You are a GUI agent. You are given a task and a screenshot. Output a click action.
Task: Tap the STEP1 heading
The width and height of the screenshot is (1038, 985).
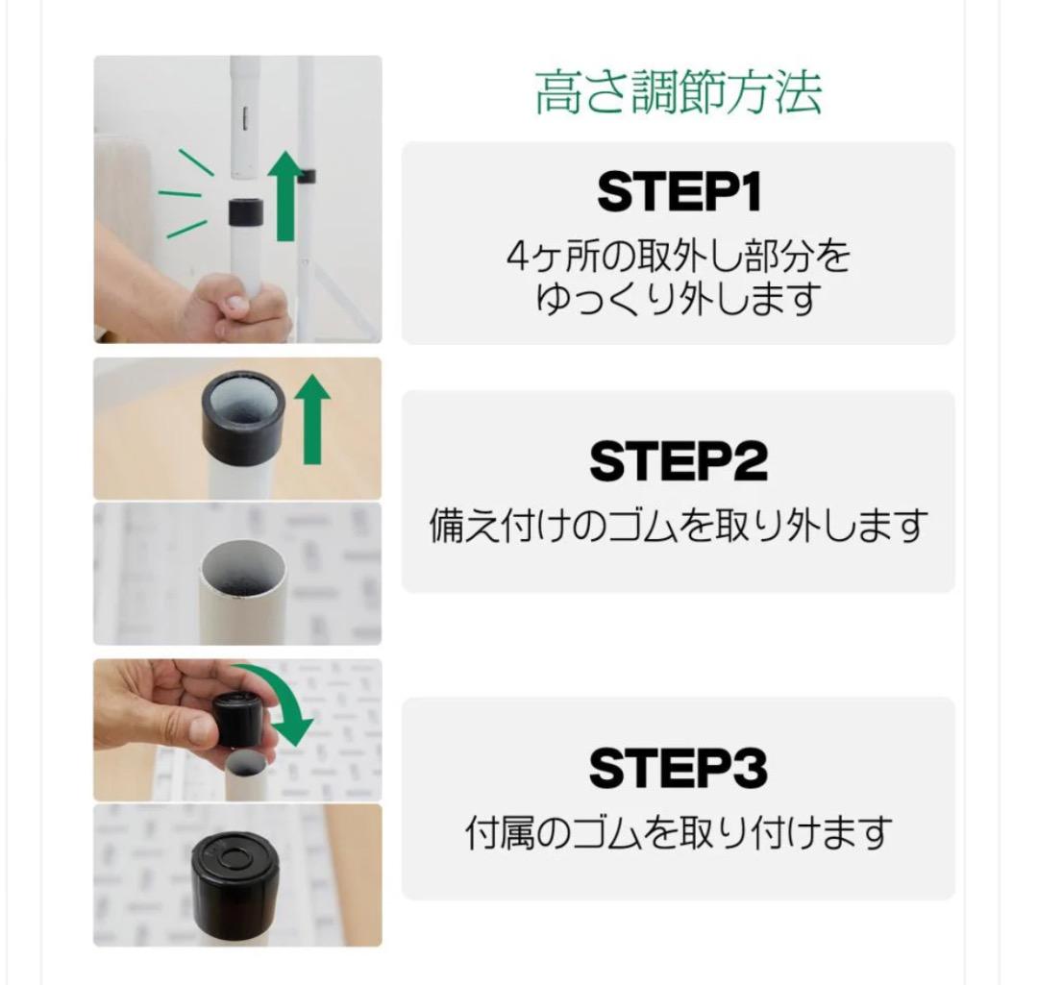(x=678, y=192)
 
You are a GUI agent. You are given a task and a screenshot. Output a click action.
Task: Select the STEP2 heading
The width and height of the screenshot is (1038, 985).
(x=678, y=462)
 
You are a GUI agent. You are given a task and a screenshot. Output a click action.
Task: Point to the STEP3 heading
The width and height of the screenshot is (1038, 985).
(x=678, y=769)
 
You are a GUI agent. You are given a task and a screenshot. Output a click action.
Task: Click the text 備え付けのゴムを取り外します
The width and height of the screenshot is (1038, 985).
(x=678, y=527)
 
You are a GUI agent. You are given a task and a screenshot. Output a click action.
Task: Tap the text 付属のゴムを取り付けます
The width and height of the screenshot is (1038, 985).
(x=678, y=832)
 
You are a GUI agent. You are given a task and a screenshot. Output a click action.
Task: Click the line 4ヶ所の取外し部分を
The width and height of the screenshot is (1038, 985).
(x=678, y=257)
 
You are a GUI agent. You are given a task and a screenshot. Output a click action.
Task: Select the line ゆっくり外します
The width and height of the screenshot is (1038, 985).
(x=678, y=300)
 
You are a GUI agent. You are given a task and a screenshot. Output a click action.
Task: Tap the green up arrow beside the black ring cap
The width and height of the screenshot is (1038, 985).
(x=311, y=418)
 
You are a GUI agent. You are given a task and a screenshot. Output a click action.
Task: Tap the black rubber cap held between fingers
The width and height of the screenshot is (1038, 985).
(x=238, y=716)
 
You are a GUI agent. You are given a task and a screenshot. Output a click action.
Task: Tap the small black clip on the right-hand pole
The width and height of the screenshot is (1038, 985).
(x=308, y=175)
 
